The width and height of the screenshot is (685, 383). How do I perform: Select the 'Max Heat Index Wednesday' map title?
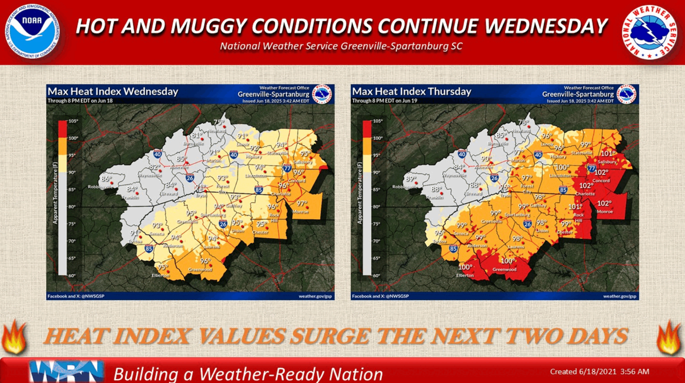[x=112, y=91]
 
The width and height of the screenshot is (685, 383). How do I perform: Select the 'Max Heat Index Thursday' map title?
[x=412, y=91]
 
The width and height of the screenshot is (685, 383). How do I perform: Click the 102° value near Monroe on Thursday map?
[x=605, y=203]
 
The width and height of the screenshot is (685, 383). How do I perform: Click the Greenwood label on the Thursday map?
[x=504, y=270]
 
